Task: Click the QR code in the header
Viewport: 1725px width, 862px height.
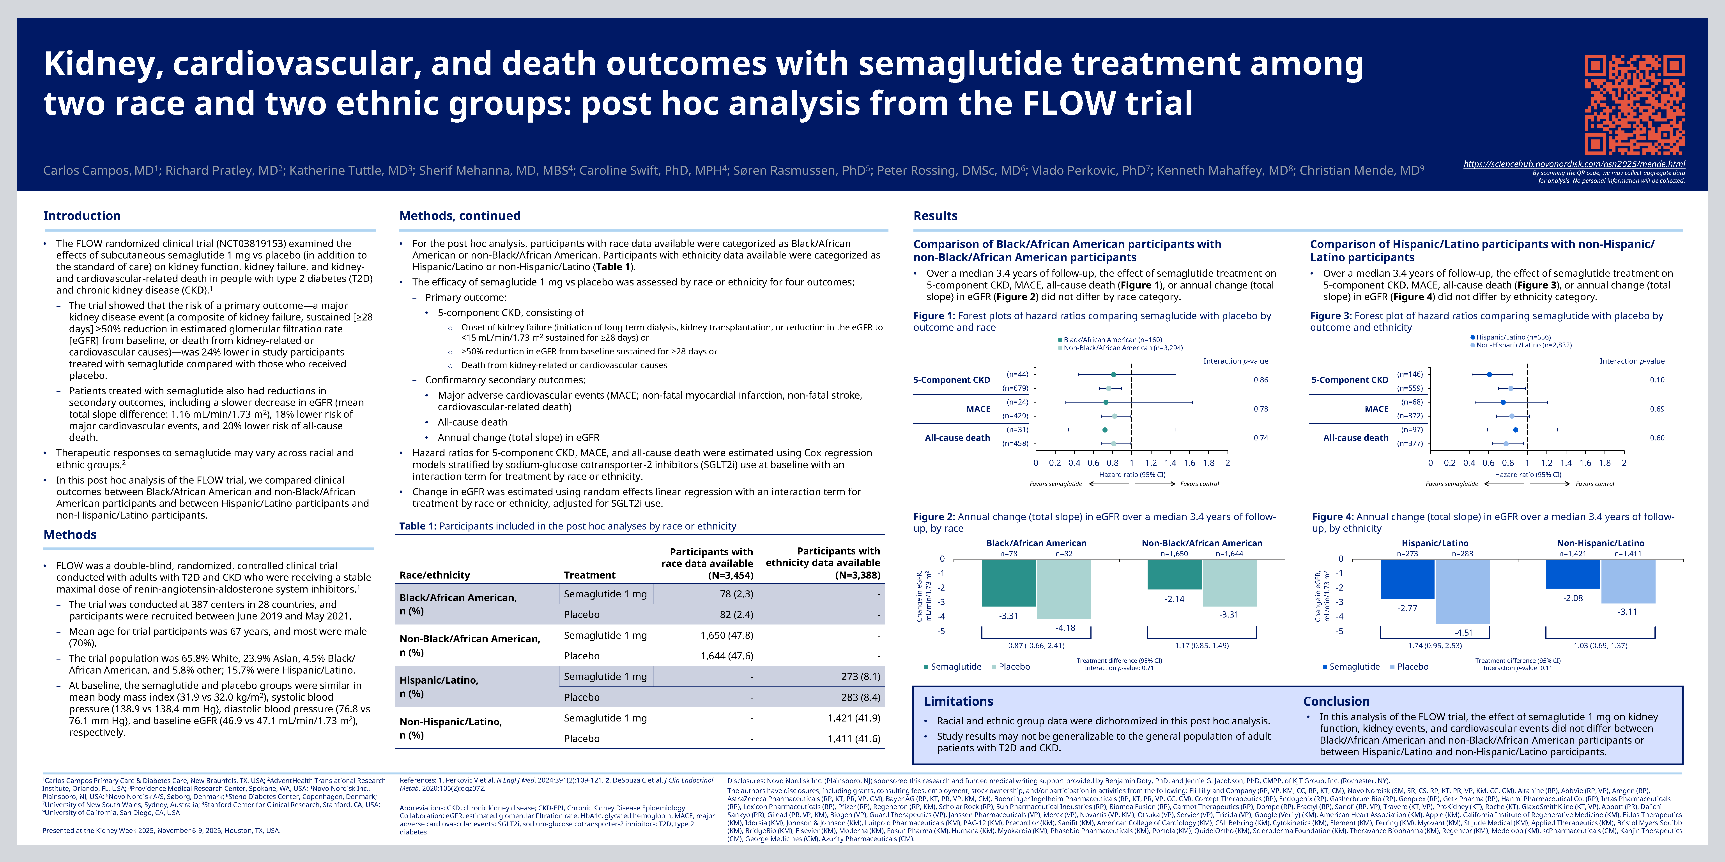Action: coord(1635,105)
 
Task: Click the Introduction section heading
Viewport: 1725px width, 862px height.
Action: coord(82,215)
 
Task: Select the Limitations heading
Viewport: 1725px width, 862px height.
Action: coord(958,701)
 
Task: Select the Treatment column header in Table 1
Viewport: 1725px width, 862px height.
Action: coord(589,575)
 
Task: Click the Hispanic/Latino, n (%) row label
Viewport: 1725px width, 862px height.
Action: coord(439,687)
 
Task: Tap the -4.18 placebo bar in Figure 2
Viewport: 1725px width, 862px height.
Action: coord(1064,589)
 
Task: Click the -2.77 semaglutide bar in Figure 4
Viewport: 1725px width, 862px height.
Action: coord(1408,579)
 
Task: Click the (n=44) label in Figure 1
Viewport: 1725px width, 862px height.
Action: coord(1017,374)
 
